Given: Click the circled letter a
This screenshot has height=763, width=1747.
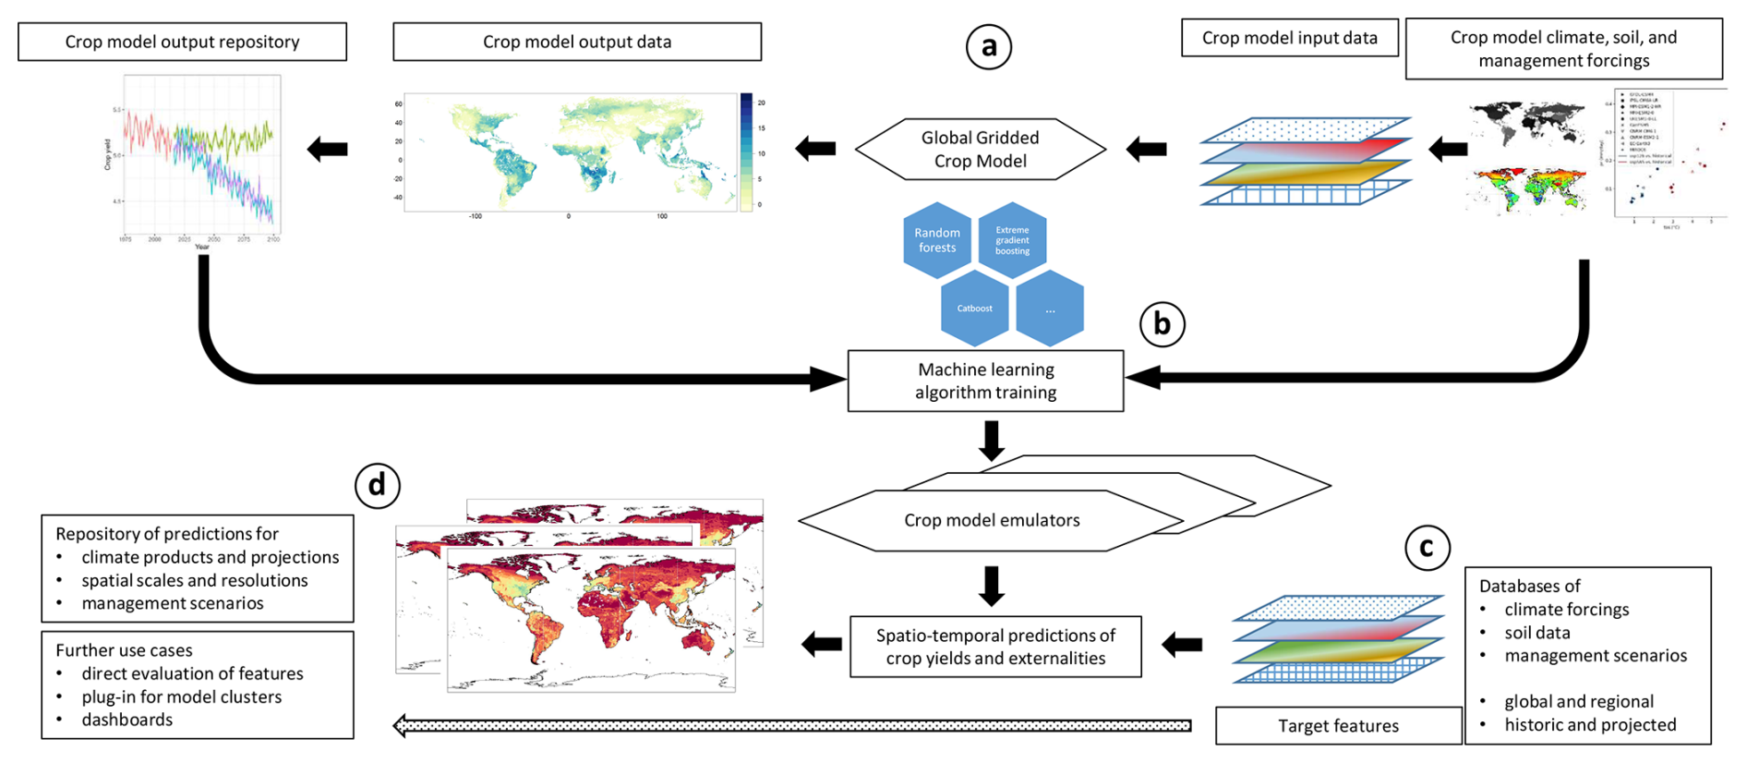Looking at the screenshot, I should coord(989,46).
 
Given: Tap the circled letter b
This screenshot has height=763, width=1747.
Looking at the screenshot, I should coord(1162,323).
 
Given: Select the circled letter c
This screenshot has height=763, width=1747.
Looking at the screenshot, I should coord(1427,548).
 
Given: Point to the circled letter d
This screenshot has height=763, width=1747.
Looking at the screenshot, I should coord(377,485).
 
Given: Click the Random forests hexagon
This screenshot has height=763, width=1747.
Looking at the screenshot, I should coord(937,240).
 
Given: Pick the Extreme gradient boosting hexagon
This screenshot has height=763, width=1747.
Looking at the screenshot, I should coord(1012,240).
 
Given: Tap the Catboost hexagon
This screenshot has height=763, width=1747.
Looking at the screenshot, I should coord(974,309).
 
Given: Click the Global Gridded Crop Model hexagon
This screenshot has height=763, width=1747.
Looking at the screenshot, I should coord(981,149).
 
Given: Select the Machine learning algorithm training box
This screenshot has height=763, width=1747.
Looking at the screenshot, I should coord(985,381).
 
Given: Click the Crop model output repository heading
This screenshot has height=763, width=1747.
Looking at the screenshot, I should coord(182,42).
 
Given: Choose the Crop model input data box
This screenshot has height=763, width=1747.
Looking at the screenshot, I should coord(1289,38).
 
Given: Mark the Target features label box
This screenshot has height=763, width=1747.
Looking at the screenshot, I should coord(1338,726).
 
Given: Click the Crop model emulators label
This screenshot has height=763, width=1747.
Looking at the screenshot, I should coord(992,520).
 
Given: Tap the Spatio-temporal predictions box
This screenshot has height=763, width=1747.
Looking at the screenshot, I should coord(995,647).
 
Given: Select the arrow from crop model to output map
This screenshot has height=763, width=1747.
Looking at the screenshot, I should coord(815,148).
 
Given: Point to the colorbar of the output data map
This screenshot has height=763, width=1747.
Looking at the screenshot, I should coord(746,152).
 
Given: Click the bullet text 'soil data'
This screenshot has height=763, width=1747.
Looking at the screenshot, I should coord(1536,633).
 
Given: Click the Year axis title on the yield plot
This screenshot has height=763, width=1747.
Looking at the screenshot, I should coord(202,247).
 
